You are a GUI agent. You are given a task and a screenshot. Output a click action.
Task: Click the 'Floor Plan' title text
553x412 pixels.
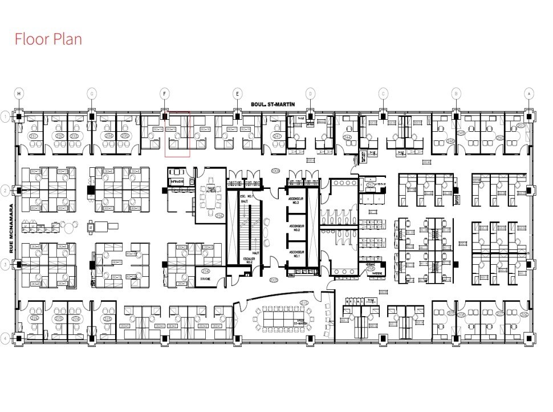48,39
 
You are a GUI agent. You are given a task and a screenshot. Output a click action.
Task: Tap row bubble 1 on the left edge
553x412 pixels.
5,116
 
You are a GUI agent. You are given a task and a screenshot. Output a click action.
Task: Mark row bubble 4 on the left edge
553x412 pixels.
5,338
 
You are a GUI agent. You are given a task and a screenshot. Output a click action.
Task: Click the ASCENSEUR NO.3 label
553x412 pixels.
295,200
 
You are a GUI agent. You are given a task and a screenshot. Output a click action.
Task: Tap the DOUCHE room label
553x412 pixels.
205,279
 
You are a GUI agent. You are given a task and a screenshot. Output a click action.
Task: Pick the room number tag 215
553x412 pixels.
303,302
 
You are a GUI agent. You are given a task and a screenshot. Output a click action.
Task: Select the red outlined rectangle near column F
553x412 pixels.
177,134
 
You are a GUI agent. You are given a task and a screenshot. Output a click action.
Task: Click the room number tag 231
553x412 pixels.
33,136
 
